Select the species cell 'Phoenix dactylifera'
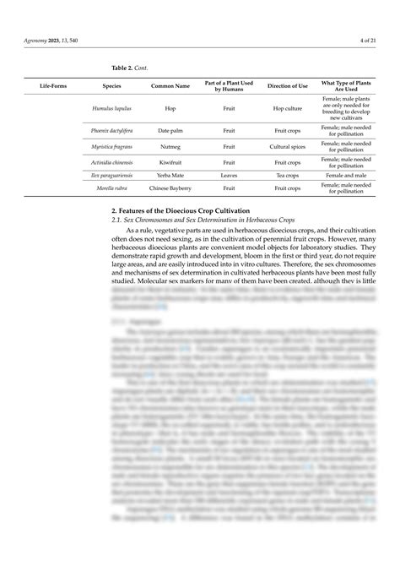[111, 131]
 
